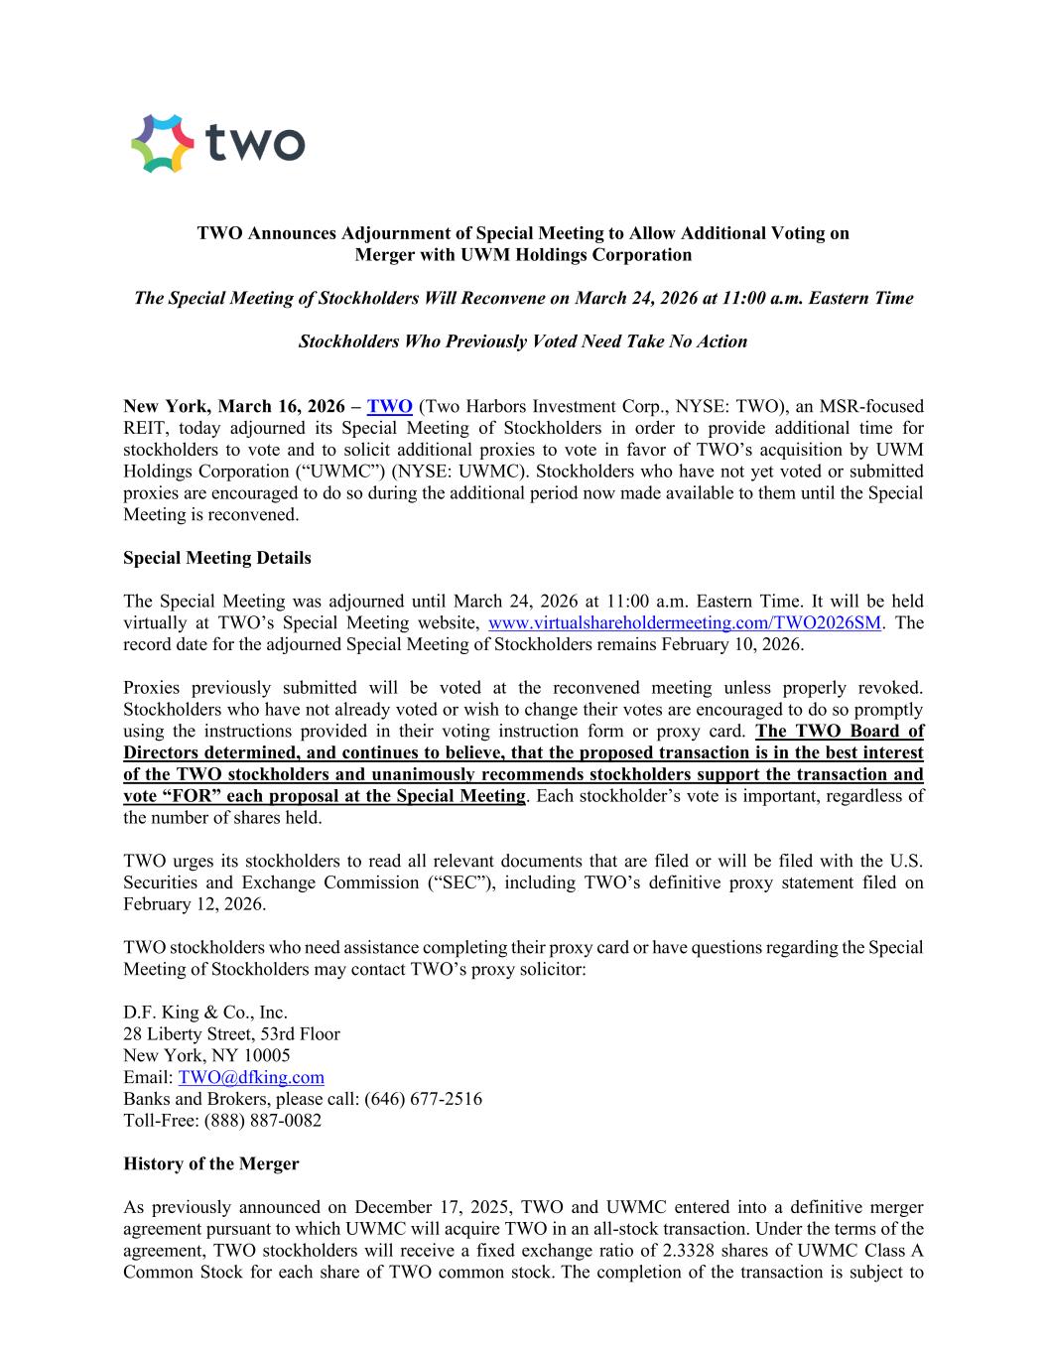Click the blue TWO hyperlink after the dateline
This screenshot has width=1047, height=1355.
[389, 406]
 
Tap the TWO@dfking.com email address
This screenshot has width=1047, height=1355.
[251, 1077]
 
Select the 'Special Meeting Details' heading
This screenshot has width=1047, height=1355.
[216, 558]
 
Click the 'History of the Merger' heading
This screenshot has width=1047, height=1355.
[210, 1163]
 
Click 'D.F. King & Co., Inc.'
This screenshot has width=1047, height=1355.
[205, 1013]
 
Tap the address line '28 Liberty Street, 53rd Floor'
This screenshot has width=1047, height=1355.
[231, 1034]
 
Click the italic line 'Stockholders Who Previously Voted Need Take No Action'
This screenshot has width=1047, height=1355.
[523, 341]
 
